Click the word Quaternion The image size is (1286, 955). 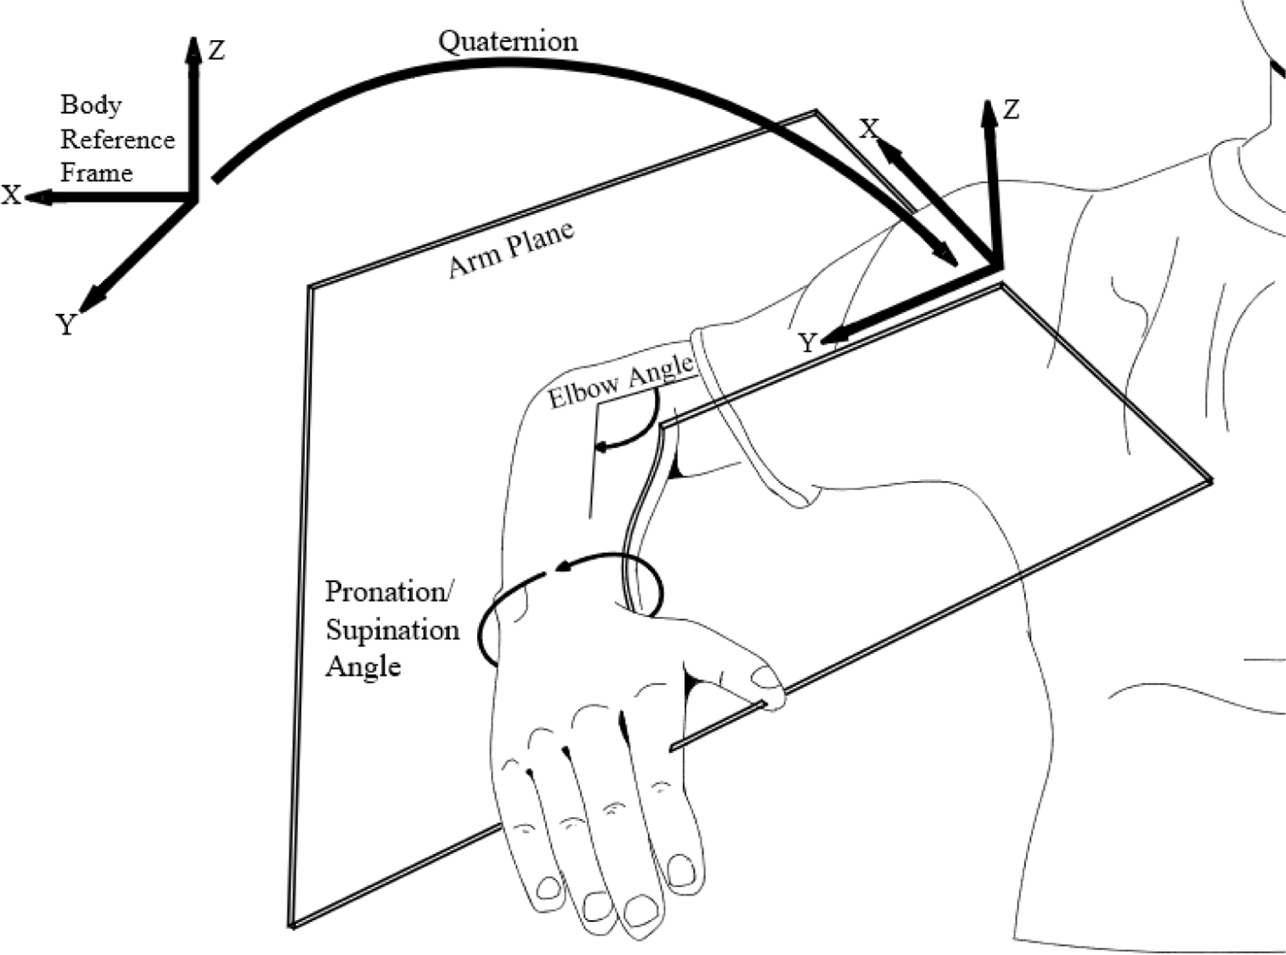[x=508, y=41]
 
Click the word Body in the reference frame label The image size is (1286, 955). [x=91, y=105]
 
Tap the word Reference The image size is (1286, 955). [x=117, y=139]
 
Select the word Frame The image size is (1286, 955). [x=96, y=173]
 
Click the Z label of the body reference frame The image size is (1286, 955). [x=216, y=51]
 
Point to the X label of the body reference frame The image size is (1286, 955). [x=11, y=195]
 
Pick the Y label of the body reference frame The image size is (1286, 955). [x=66, y=326]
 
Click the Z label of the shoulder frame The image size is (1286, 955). [x=1010, y=110]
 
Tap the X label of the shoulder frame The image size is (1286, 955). [x=868, y=129]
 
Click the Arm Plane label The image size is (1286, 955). [x=511, y=249]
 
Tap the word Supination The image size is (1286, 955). [x=392, y=630]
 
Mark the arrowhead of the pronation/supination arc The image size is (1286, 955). [x=562, y=568]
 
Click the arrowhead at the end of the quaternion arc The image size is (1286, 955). [x=948, y=256]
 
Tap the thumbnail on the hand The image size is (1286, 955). [x=766, y=678]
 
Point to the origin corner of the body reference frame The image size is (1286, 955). [x=193, y=198]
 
